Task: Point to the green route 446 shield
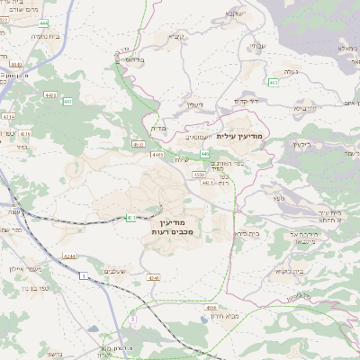tap(205, 154)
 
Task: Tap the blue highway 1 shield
tap(83, 275)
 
